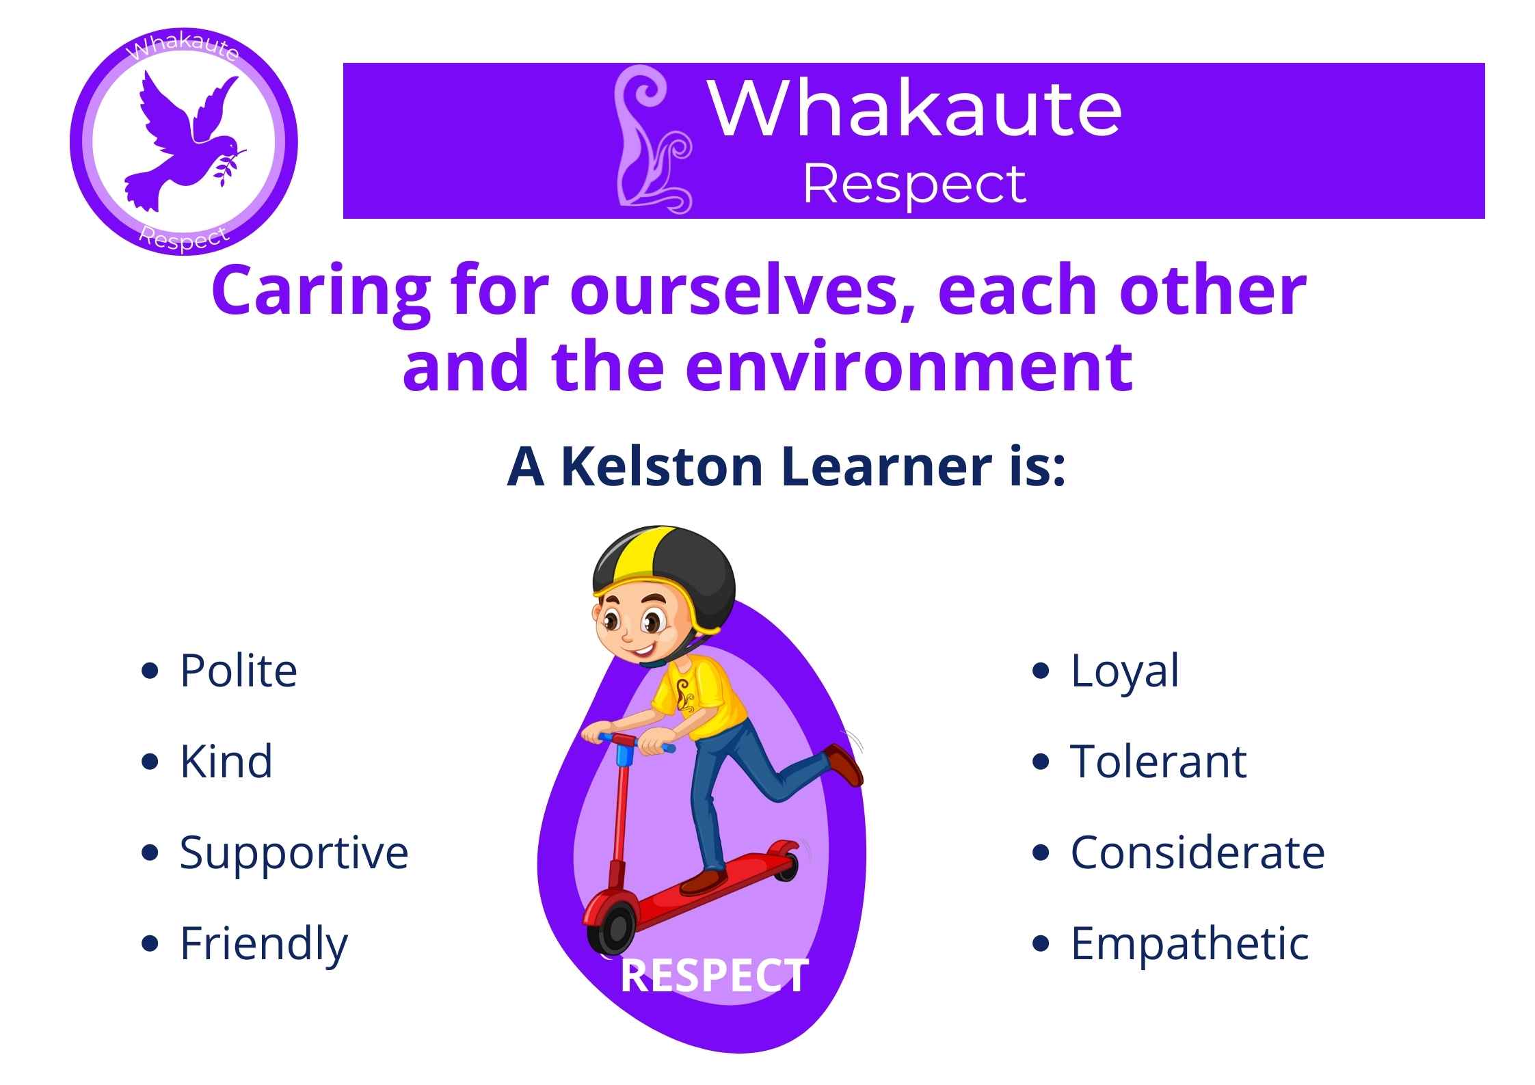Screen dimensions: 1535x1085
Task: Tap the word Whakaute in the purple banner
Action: tap(916, 108)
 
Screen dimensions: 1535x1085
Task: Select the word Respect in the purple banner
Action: tap(914, 185)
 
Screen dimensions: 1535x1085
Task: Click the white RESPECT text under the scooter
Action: tap(715, 976)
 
